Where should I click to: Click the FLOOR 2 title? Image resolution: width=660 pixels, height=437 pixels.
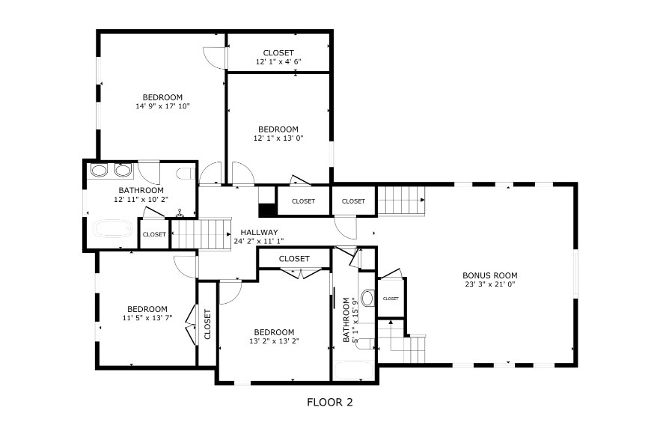coord(329,403)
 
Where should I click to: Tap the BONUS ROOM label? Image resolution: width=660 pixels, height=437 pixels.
coord(490,275)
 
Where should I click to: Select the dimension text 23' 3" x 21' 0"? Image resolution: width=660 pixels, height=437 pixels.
coord(490,284)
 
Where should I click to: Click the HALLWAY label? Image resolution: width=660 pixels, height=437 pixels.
coord(259,232)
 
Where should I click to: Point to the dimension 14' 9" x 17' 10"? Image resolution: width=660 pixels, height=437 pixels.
coord(162,106)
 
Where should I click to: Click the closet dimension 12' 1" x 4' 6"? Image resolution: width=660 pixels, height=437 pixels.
coord(278,61)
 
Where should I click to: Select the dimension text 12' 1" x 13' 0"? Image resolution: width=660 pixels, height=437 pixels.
coord(278,138)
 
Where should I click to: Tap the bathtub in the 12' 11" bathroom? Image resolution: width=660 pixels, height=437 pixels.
coord(113,230)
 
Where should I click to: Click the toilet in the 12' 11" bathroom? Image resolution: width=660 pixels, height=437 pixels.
coord(186,174)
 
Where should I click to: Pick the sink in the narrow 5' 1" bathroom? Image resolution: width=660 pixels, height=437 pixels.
coord(367,298)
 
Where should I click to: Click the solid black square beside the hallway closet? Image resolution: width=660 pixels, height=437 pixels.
coord(266,210)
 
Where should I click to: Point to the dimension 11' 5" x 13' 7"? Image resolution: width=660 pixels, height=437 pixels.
coord(147,318)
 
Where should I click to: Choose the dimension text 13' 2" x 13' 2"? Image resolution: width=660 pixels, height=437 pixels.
coord(274,341)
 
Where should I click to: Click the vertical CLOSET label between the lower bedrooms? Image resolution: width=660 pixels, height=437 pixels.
coord(207,324)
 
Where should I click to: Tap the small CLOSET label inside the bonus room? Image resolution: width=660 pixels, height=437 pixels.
coord(391,299)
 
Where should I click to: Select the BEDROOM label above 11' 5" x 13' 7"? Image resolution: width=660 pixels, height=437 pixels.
coord(147,309)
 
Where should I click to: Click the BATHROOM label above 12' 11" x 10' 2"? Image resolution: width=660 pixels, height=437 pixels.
coord(141,190)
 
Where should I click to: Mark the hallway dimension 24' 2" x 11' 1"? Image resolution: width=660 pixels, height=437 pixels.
coord(259,241)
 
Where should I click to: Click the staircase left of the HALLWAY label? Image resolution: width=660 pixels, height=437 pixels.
coord(201,234)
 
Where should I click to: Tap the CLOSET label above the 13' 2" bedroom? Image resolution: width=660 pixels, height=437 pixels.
coord(294,258)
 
